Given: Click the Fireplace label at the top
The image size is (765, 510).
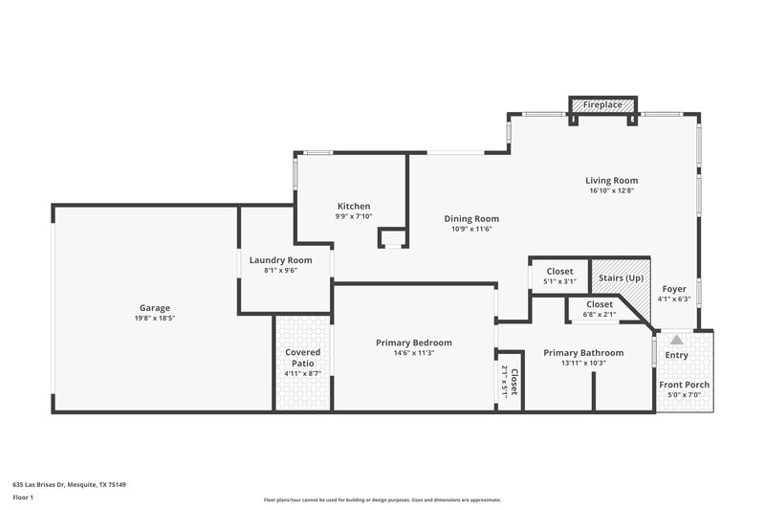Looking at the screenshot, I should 603,104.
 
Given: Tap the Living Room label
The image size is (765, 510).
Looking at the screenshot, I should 611,180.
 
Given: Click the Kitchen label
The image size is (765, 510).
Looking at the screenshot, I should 353,206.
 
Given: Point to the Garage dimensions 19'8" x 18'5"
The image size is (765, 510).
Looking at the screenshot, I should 154,319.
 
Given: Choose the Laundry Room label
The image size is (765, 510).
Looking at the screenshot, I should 280,259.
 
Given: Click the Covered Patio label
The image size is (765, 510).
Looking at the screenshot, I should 303,358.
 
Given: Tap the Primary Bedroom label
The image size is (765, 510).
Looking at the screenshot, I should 413,342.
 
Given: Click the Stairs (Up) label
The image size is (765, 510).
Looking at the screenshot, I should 621,277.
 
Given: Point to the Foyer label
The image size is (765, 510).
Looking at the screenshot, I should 674,287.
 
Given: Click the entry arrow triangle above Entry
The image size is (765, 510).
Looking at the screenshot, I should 676,339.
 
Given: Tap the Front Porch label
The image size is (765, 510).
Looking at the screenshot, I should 684,385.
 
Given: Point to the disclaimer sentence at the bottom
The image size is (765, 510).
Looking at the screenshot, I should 382,499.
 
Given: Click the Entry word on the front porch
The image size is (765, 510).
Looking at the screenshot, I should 676,355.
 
